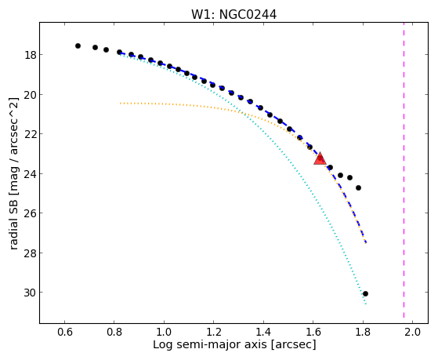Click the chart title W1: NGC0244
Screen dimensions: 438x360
(233, 14)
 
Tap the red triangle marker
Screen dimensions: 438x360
(320, 159)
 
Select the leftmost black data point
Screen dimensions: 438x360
(78, 45)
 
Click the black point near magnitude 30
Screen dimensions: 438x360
(365, 293)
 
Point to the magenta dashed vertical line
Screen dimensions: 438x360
(404, 170)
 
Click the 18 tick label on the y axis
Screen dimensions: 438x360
(30, 55)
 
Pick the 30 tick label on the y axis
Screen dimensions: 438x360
(30, 293)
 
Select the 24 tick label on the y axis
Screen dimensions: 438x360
(30, 174)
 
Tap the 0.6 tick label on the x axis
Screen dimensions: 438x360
(64, 332)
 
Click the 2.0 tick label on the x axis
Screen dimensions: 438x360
(412, 332)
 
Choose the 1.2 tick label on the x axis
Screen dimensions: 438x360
(213, 332)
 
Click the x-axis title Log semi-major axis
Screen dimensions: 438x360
(210, 344)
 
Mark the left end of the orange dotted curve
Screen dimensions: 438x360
(121, 104)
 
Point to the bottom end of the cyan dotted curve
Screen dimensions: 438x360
(366, 304)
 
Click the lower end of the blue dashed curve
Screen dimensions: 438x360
(366, 243)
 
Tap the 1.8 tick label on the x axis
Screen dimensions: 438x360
(363, 332)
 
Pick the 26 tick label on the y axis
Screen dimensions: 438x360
(30, 213)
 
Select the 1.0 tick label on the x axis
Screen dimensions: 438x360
(164, 332)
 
